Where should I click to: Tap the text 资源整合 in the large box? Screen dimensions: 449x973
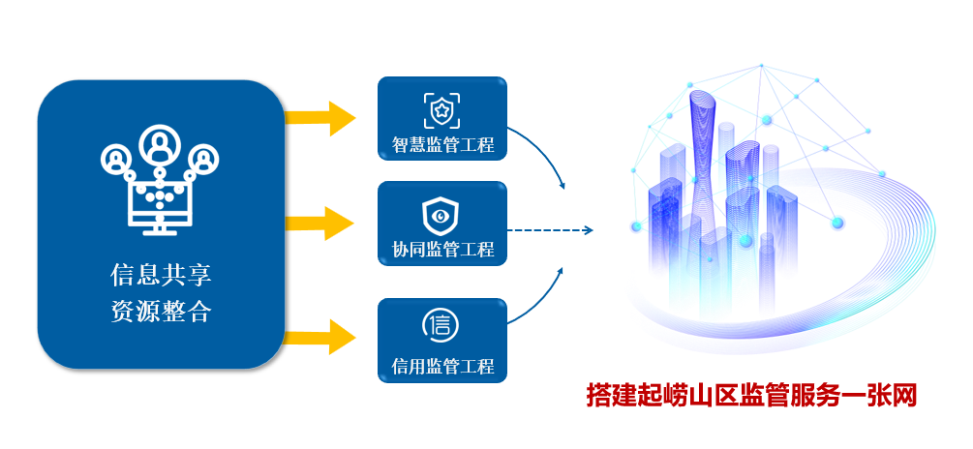coord(161,313)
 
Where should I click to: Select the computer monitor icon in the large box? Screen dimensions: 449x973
coord(161,205)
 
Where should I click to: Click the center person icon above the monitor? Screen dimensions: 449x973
coord(159,146)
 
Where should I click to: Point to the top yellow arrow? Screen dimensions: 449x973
coord(320,118)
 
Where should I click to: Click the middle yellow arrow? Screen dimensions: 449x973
coord(320,223)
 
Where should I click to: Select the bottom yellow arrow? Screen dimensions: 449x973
coord(320,337)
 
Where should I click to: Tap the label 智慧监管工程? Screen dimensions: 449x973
coord(442,145)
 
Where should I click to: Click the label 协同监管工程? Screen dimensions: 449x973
coord(442,250)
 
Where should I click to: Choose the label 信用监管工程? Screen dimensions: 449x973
coord(442,367)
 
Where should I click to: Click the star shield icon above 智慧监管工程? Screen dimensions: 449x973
coord(441,110)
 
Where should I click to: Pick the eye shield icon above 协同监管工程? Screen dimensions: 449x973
coord(441,214)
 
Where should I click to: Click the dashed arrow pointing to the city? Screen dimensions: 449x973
coord(549,230)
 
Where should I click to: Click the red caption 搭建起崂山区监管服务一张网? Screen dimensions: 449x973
coord(751,395)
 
